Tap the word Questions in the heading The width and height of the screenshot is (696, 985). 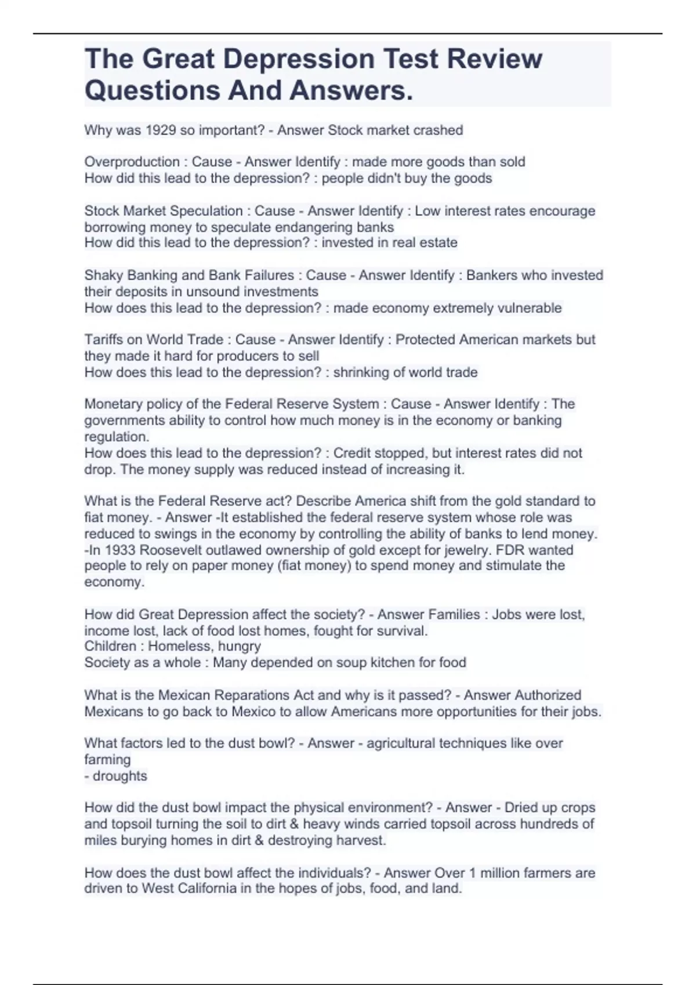coord(151,90)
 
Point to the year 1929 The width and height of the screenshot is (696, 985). coord(161,130)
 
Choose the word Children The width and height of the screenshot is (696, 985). coord(110,646)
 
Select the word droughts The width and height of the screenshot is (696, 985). coord(120,776)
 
